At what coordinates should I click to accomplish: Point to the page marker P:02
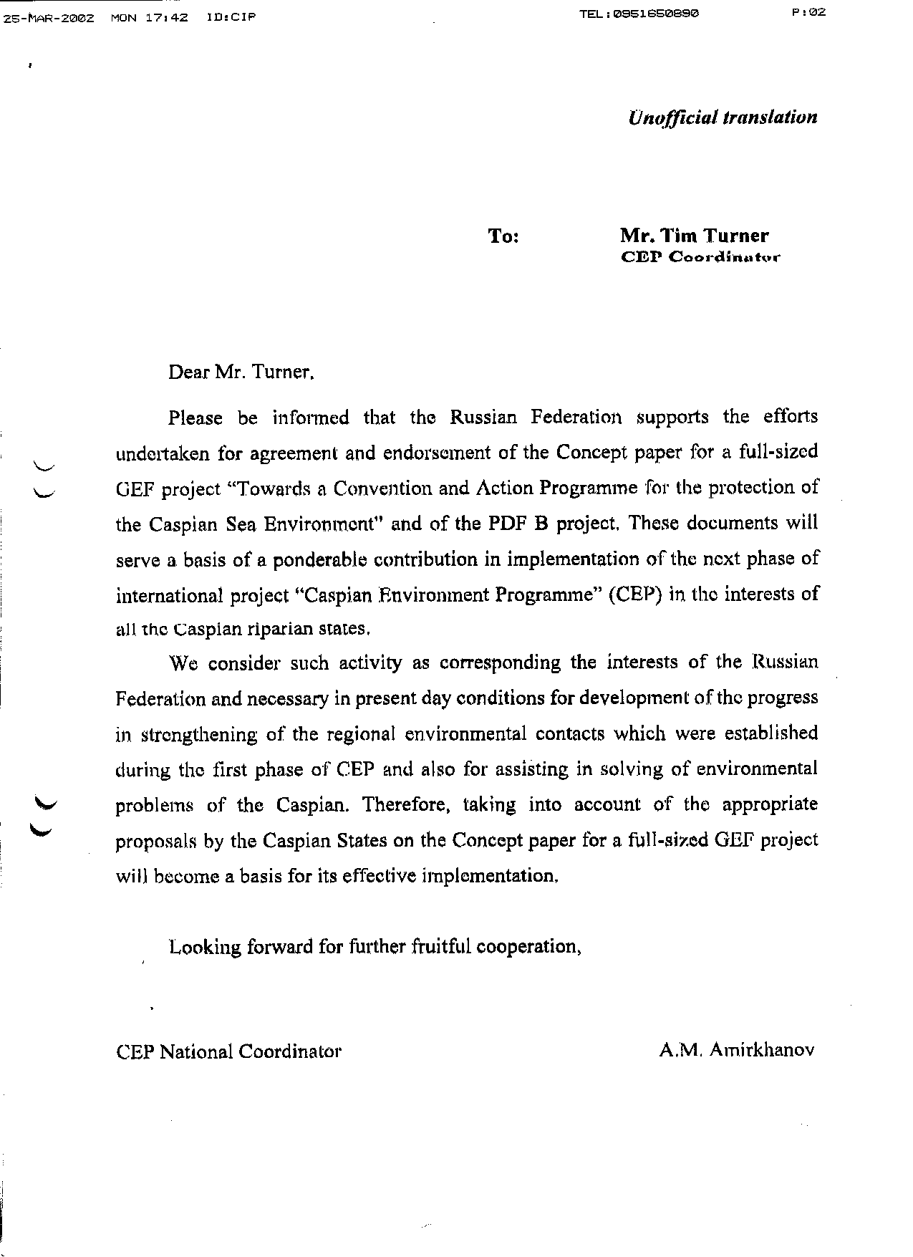(x=809, y=12)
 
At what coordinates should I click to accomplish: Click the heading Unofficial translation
(x=722, y=117)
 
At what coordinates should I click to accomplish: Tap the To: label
(x=503, y=236)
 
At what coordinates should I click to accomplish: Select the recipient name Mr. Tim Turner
(x=694, y=236)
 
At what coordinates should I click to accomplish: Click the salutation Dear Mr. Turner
(x=241, y=372)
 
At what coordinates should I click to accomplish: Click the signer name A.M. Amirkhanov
(x=738, y=1051)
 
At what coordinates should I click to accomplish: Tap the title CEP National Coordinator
(x=228, y=1051)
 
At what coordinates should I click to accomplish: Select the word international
(x=169, y=595)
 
